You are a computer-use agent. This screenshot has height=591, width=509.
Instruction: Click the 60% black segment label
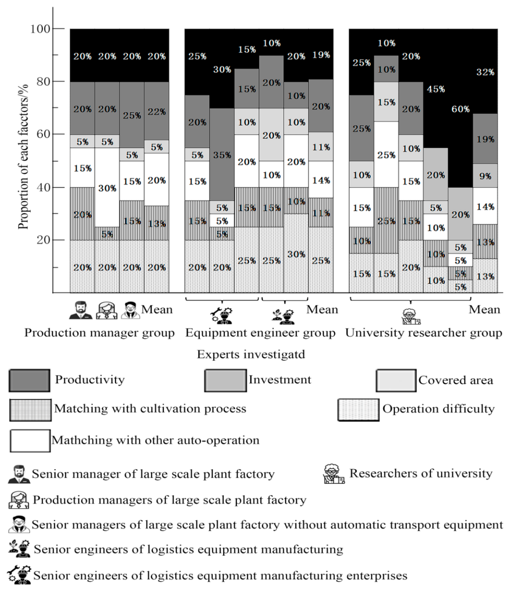(460, 109)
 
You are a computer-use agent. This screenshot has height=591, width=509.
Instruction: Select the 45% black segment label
(435, 89)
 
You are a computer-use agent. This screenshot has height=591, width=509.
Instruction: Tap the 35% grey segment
(222, 155)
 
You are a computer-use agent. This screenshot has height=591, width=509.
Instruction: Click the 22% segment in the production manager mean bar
(156, 111)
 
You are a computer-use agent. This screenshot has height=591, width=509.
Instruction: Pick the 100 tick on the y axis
(40, 29)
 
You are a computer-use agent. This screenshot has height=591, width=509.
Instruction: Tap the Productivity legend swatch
(29, 380)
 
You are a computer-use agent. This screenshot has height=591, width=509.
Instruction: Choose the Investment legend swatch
(225, 380)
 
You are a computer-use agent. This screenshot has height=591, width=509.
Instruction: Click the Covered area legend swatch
(396, 380)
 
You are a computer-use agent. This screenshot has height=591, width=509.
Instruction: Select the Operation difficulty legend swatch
(358, 410)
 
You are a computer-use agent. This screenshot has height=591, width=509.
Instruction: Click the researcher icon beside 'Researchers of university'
(334, 474)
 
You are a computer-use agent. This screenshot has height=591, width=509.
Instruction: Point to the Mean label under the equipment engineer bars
(322, 309)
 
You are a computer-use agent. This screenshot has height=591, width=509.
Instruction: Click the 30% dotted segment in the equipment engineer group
(296, 254)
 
